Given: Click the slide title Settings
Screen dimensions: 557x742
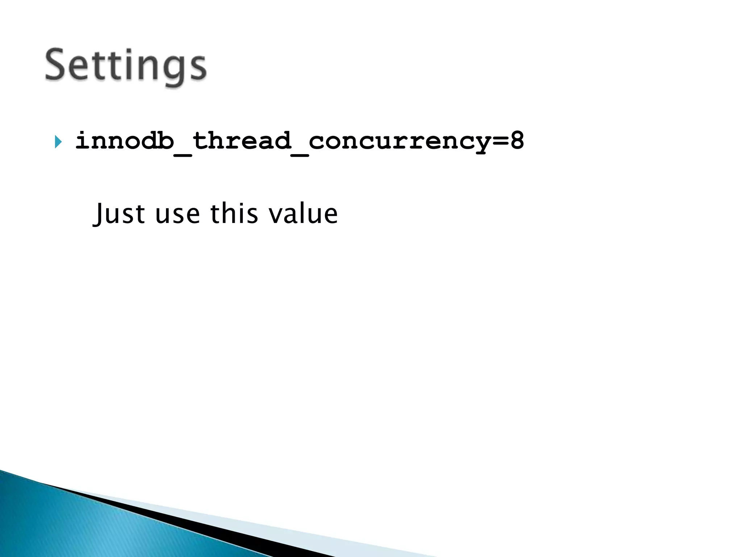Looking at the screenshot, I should click(x=125, y=66).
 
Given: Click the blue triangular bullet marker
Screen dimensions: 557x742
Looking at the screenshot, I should click(x=58, y=141).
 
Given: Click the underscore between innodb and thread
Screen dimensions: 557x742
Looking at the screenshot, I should click(x=183, y=154).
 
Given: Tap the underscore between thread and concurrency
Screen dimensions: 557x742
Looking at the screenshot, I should click(x=300, y=154).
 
